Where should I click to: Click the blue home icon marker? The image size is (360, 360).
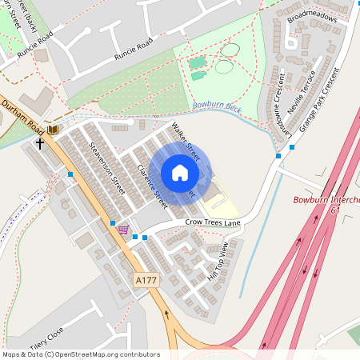tap(180, 173)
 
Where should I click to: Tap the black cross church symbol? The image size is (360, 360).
tap(40, 143)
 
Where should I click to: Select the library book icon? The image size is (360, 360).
tap(54, 129)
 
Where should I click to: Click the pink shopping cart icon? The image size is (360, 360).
tap(122, 229)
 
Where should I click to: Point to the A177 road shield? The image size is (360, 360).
tap(145, 281)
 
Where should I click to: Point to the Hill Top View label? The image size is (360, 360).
tap(218, 259)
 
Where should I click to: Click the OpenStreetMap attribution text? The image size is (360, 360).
tap(80, 354)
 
